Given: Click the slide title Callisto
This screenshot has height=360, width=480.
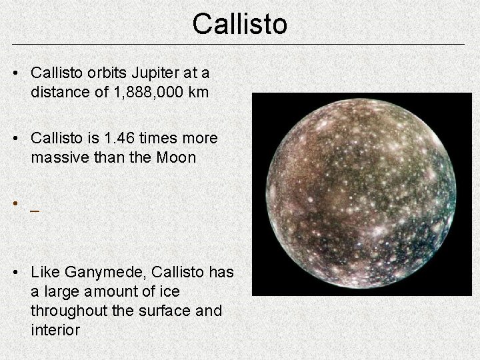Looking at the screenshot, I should pos(240,24).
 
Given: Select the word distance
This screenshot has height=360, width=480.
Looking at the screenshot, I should pos(57,91).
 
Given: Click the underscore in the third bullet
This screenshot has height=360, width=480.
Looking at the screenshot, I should pos(34,209).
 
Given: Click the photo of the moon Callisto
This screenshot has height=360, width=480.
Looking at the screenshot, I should pos(361,193).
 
